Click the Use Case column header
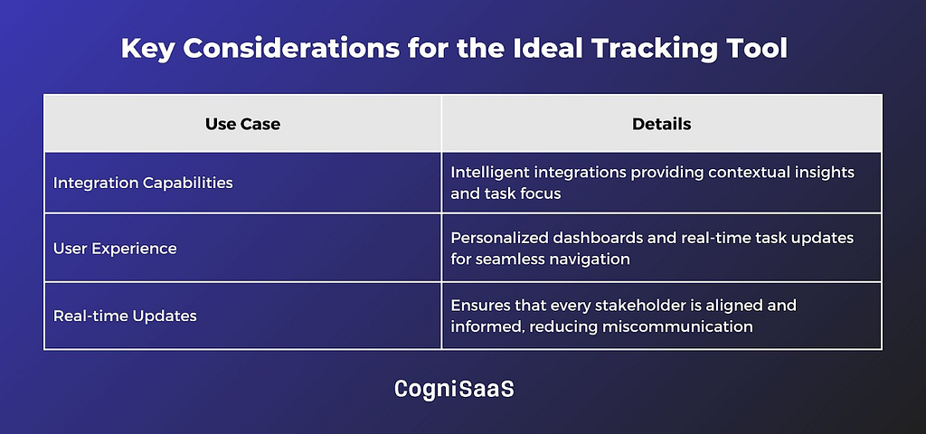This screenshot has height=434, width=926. [x=242, y=124]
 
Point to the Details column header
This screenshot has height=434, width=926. [x=661, y=124]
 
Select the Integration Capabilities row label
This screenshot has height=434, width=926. [x=143, y=183]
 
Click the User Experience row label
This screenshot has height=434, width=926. [x=115, y=249]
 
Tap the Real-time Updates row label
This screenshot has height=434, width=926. [x=125, y=316]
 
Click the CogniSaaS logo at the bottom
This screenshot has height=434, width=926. [x=454, y=389]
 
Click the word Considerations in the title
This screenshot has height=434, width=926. [x=291, y=49]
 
